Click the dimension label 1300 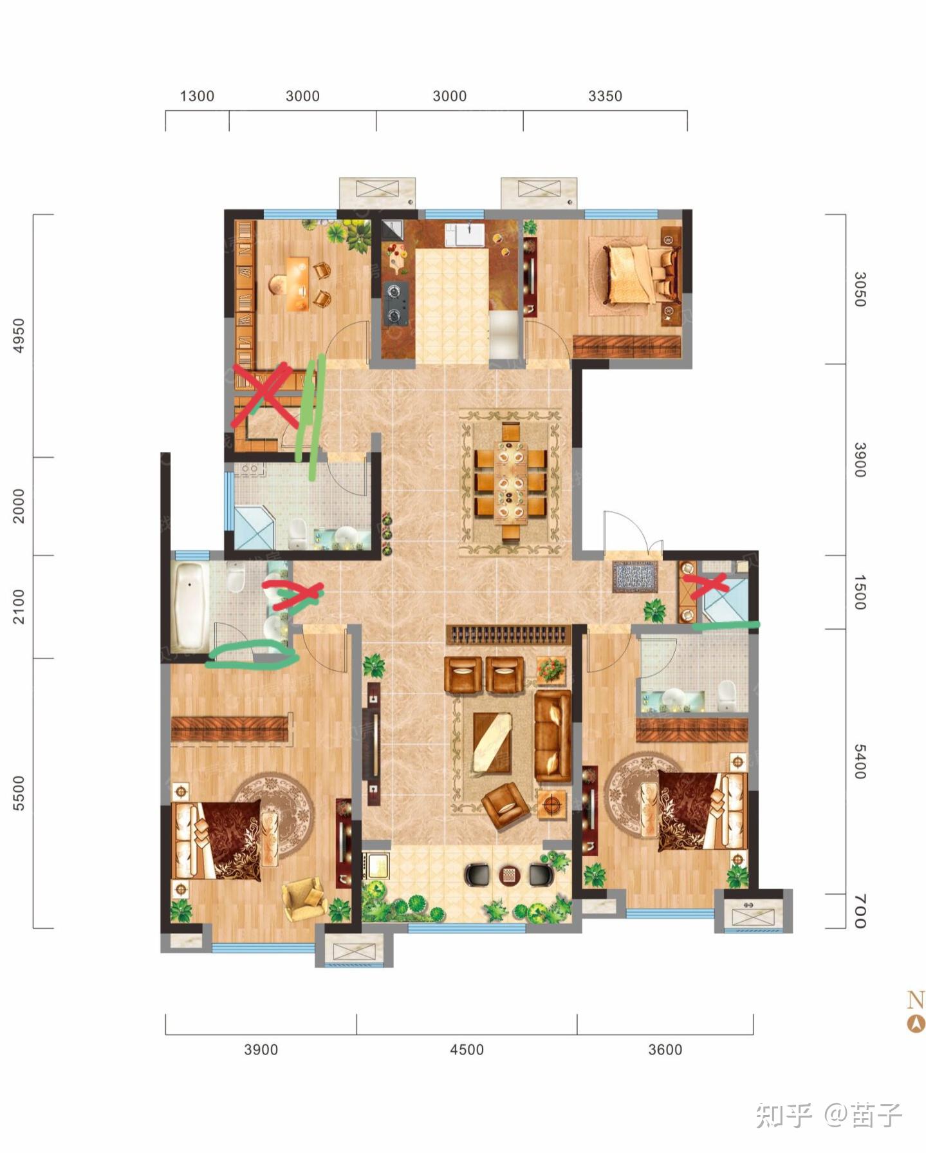[196, 96]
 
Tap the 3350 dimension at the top [605, 96]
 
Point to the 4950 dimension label [19, 335]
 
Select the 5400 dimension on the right [860, 762]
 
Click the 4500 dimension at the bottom [467, 1050]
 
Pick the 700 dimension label [860, 911]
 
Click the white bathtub [190, 606]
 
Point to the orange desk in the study [297, 284]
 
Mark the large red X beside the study [265, 395]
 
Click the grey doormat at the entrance [634, 576]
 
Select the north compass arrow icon [916, 1024]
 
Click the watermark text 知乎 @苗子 [829, 1115]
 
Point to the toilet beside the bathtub [236, 577]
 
